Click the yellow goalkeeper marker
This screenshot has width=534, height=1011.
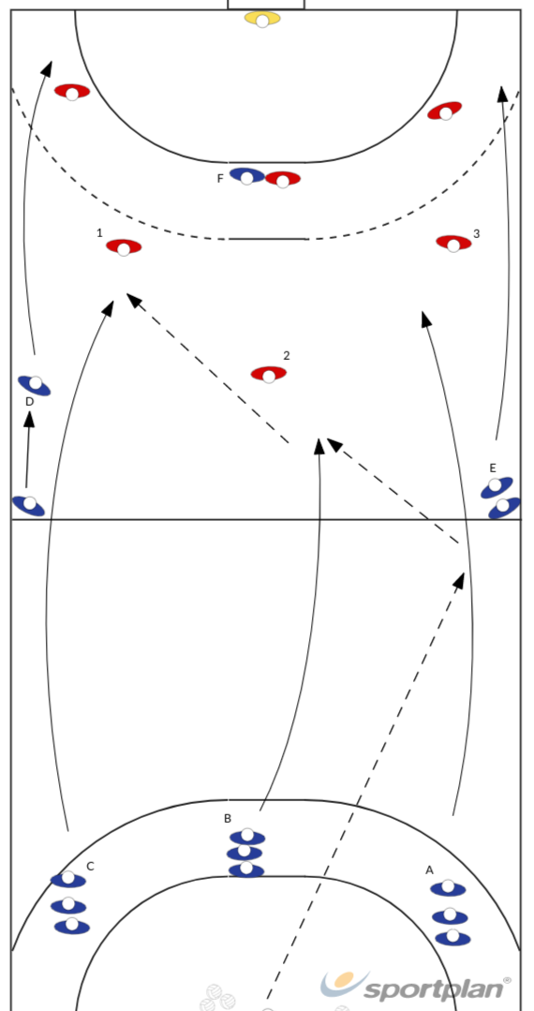click(262, 19)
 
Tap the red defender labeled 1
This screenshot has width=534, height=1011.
click(124, 247)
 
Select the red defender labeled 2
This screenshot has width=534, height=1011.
click(269, 374)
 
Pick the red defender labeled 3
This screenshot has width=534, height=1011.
click(453, 243)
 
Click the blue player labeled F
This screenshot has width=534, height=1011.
click(247, 175)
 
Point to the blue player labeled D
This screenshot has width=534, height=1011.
click(34, 385)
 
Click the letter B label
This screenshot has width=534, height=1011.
click(228, 818)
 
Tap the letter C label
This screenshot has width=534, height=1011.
click(90, 867)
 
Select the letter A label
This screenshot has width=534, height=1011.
click(429, 870)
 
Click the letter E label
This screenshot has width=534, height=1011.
click(493, 468)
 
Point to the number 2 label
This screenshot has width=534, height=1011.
click(287, 356)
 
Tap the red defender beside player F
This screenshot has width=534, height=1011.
click(283, 179)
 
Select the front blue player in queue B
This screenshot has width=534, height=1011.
click(247, 837)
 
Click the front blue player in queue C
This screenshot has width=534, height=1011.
click(68, 879)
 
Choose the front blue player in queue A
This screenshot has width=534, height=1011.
click(448, 888)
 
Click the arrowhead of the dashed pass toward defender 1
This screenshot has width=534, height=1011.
click(133, 299)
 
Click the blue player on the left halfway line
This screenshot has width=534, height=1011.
click(29, 505)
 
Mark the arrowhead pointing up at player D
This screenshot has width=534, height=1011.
click(29, 419)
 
